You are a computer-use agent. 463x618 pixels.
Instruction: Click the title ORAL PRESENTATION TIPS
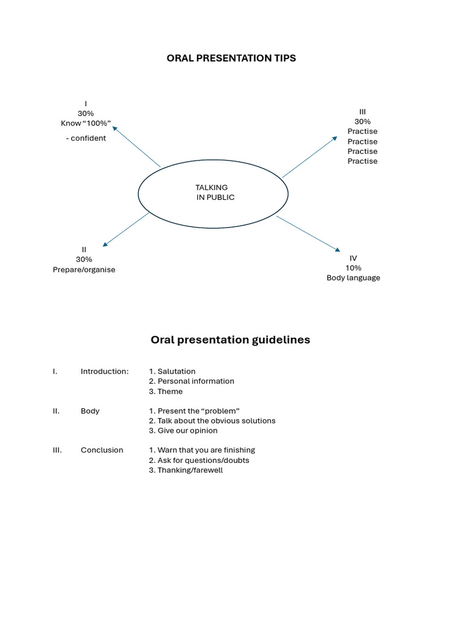tap(231, 59)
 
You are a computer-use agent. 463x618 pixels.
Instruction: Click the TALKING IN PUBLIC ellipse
tap(213, 193)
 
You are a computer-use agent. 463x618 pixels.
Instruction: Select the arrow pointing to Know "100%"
tap(137, 145)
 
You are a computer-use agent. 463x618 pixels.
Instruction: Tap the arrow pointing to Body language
tap(308, 234)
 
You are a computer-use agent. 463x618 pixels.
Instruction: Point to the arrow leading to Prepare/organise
tap(126, 229)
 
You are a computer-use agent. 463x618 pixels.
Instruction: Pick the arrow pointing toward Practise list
tap(310, 157)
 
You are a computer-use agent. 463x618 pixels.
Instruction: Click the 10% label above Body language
tap(353, 268)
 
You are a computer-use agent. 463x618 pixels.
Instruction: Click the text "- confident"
tap(86, 138)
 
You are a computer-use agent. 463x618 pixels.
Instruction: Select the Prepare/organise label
tap(84, 270)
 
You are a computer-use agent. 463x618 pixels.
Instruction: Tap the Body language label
tap(353, 278)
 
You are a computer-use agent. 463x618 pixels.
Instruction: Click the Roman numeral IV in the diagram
tap(353, 258)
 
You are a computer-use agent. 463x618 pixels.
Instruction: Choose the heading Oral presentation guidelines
tap(230, 340)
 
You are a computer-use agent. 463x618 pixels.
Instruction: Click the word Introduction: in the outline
tap(104, 372)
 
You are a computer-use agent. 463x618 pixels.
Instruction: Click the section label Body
tap(90, 411)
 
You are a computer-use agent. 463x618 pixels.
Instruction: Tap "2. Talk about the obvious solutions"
tap(212, 421)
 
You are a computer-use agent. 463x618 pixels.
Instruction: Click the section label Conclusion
tap(101, 450)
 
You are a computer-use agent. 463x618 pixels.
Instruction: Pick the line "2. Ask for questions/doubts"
tap(198, 460)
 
